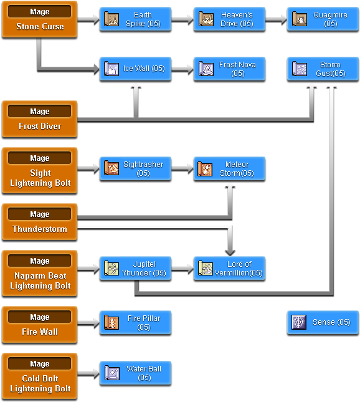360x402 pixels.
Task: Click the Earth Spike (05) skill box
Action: tap(136, 19)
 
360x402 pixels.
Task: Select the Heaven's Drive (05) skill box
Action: tap(229, 19)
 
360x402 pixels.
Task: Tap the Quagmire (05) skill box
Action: tap(323, 19)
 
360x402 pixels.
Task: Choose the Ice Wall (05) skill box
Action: tap(136, 69)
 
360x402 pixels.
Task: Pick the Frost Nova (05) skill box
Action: tap(229, 69)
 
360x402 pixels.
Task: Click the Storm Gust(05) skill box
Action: tap(323, 69)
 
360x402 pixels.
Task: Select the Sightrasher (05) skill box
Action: tap(136, 168)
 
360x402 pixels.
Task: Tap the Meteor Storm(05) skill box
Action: tap(229, 168)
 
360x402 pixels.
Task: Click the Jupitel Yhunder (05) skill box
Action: tap(136, 268)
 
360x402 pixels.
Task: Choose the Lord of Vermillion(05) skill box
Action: tap(229, 268)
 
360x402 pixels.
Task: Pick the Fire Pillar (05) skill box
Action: tap(136, 322)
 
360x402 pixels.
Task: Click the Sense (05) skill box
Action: tap(323, 322)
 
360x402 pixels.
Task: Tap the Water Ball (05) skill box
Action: tap(136, 373)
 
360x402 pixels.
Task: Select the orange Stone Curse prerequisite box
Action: tap(40, 19)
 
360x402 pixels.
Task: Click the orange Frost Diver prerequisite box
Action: tap(40, 119)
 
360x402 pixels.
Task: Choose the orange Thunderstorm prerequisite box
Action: tap(40, 222)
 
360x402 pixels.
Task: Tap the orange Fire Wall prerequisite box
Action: tap(40, 325)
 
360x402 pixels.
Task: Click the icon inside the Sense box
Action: tap(300, 322)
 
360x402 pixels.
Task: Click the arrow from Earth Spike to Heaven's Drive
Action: tap(182, 19)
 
